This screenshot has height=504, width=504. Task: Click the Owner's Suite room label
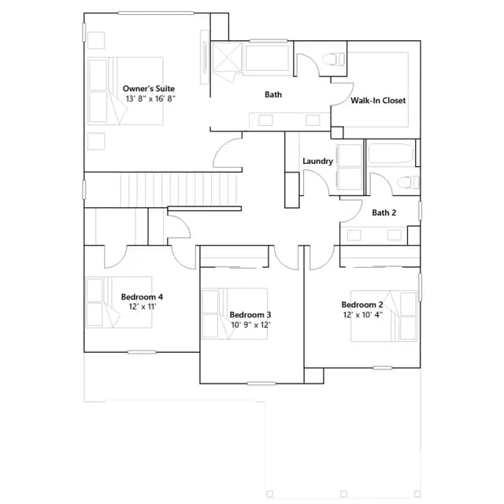149,89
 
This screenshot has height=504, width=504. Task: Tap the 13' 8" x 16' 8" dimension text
150,98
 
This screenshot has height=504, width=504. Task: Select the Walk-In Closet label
378,101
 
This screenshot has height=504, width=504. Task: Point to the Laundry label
317,161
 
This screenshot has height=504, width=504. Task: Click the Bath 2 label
384,213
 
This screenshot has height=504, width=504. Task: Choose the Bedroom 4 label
142,297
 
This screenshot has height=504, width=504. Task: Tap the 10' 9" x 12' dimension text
250,325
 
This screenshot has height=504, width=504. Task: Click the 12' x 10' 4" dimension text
362,315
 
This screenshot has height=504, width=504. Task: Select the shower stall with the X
227,57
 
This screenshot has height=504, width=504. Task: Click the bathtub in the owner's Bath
268,58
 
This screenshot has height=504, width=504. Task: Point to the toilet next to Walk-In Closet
334,60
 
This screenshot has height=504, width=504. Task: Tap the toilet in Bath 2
408,183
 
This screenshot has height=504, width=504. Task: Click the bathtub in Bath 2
391,154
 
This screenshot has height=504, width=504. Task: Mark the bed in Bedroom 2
384,316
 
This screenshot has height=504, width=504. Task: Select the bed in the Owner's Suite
125,91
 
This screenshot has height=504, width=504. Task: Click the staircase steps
179,190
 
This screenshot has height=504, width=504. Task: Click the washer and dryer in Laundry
349,167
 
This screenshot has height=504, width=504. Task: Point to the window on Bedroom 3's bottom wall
261,384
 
